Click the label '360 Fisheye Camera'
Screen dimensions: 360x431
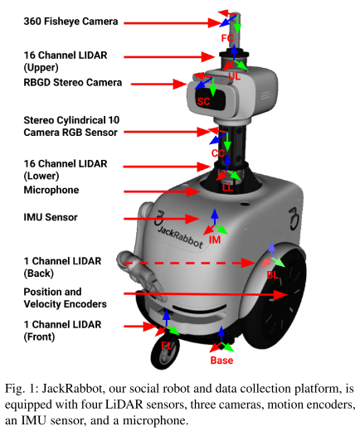click(x=71, y=22)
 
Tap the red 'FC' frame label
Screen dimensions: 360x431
click(x=227, y=38)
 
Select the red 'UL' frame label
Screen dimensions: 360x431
click(x=234, y=76)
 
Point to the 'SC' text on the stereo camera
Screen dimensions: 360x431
click(x=203, y=101)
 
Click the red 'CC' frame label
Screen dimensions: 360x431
click(x=218, y=153)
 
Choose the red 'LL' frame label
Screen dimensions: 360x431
click(x=228, y=188)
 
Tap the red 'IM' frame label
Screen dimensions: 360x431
click(x=215, y=240)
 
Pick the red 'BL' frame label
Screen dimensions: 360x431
click(x=272, y=275)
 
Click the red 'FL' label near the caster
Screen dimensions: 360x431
click(x=167, y=346)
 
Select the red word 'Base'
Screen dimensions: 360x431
click(x=221, y=361)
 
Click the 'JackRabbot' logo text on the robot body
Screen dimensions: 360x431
click(x=180, y=237)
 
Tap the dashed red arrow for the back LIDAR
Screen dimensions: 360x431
click(x=189, y=263)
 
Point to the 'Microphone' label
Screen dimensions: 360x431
click(x=51, y=190)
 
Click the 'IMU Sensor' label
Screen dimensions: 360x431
click(x=51, y=217)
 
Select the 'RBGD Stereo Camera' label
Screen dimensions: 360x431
click(x=73, y=82)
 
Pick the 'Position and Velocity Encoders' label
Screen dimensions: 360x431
click(x=66, y=298)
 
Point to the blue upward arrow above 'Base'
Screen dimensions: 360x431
click(x=221, y=334)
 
